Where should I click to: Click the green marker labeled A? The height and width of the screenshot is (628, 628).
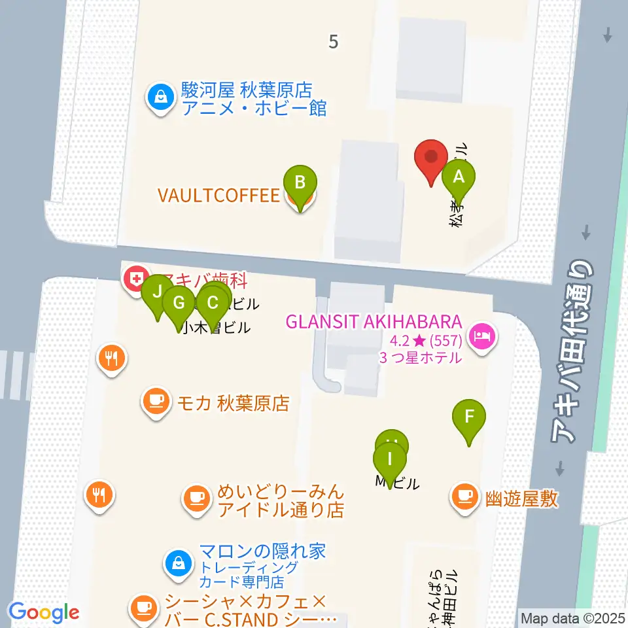click(459, 177)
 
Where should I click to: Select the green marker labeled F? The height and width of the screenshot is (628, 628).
click(469, 417)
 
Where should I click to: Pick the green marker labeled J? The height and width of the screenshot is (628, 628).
click(156, 292)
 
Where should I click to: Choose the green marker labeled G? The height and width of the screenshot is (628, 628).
click(179, 303)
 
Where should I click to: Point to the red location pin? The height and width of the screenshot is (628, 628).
click(431, 158)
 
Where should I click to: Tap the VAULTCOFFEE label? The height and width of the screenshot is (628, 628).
click(218, 195)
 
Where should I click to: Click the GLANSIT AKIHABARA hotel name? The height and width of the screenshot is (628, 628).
click(374, 323)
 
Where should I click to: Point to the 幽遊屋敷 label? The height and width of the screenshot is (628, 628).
click(521, 499)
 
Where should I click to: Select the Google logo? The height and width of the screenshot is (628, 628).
click(44, 612)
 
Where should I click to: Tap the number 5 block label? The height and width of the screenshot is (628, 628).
click(334, 42)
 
